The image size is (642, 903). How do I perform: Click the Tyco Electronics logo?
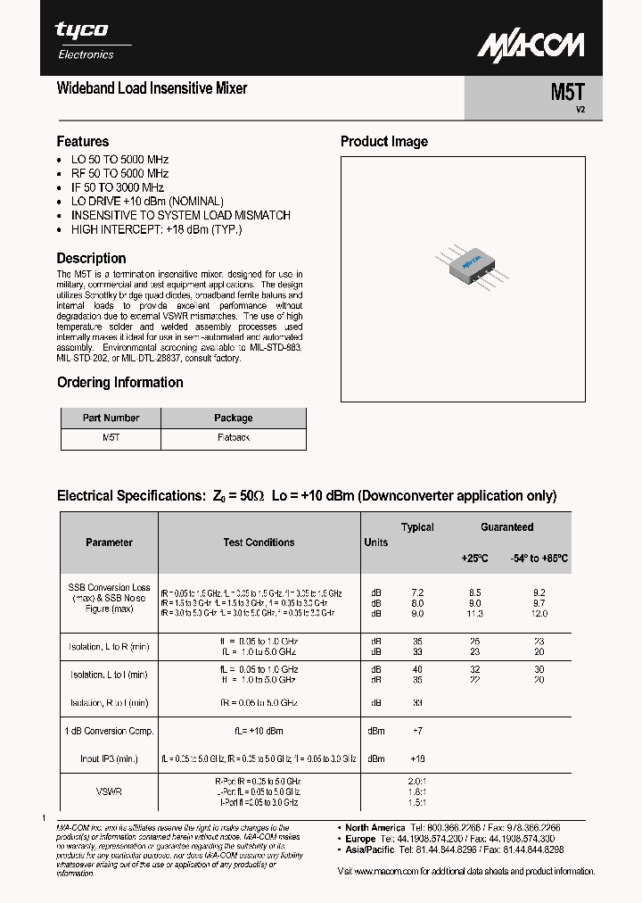tap(85, 40)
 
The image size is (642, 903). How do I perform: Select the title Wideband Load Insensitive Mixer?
tap(152, 88)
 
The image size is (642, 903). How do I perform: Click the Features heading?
tap(83, 142)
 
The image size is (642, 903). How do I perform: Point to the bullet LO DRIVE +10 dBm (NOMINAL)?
tap(147, 202)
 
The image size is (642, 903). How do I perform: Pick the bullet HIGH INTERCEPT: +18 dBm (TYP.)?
tap(156, 229)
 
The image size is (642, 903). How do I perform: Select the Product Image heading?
tap(384, 142)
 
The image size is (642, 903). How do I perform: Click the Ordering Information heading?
tap(119, 383)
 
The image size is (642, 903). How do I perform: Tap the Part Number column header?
tap(111, 418)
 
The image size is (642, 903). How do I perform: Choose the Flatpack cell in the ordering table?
tap(234, 438)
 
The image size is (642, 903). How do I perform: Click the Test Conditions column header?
tap(259, 543)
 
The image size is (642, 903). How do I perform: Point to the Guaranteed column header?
tap(506, 527)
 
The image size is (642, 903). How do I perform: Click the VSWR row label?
tap(109, 791)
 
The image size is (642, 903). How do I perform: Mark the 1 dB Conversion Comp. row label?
tap(109, 731)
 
